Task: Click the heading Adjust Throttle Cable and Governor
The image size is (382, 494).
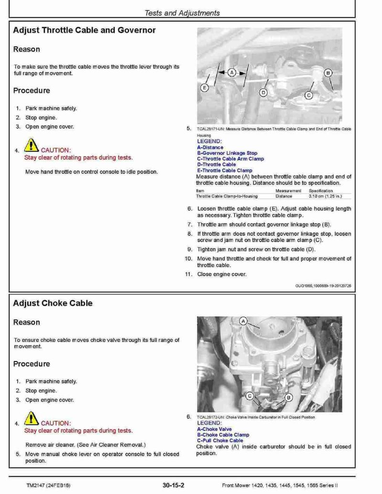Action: (x=84, y=30)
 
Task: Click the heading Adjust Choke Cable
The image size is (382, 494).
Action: (x=53, y=303)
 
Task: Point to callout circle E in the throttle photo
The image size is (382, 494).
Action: (x=205, y=88)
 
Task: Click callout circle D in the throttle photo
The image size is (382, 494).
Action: (x=263, y=92)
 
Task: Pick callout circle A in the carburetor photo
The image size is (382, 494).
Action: (x=244, y=321)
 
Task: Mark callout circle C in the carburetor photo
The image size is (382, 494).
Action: (x=249, y=396)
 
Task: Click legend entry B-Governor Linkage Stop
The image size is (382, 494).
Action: (x=227, y=153)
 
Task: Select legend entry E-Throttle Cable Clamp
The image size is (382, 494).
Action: (x=224, y=170)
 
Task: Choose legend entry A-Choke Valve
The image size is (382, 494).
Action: (x=214, y=429)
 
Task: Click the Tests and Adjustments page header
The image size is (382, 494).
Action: (x=182, y=13)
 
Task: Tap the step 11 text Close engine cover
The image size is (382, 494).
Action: (x=222, y=274)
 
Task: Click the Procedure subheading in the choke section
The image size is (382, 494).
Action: (x=32, y=364)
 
